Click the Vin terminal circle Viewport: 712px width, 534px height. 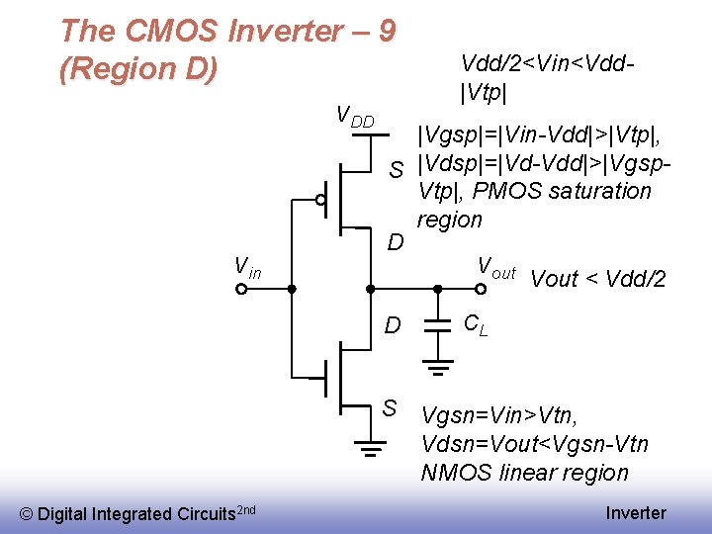(x=241, y=290)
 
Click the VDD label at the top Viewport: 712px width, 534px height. (x=356, y=117)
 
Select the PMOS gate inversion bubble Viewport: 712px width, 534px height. (x=320, y=200)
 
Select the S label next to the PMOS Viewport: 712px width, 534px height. (x=397, y=171)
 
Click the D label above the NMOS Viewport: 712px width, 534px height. (x=393, y=324)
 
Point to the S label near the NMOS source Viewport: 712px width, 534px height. (x=390, y=407)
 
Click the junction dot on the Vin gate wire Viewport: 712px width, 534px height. (x=292, y=290)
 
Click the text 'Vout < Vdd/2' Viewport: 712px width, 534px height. (x=598, y=279)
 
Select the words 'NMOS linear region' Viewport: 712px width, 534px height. (x=524, y=473)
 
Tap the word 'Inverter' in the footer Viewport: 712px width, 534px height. (x=636, y=512)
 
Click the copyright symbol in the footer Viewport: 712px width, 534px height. (x=27, y=513)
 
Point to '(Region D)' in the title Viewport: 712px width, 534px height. (x=137, y=70)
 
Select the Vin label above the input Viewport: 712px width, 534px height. (x=247, y=266)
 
